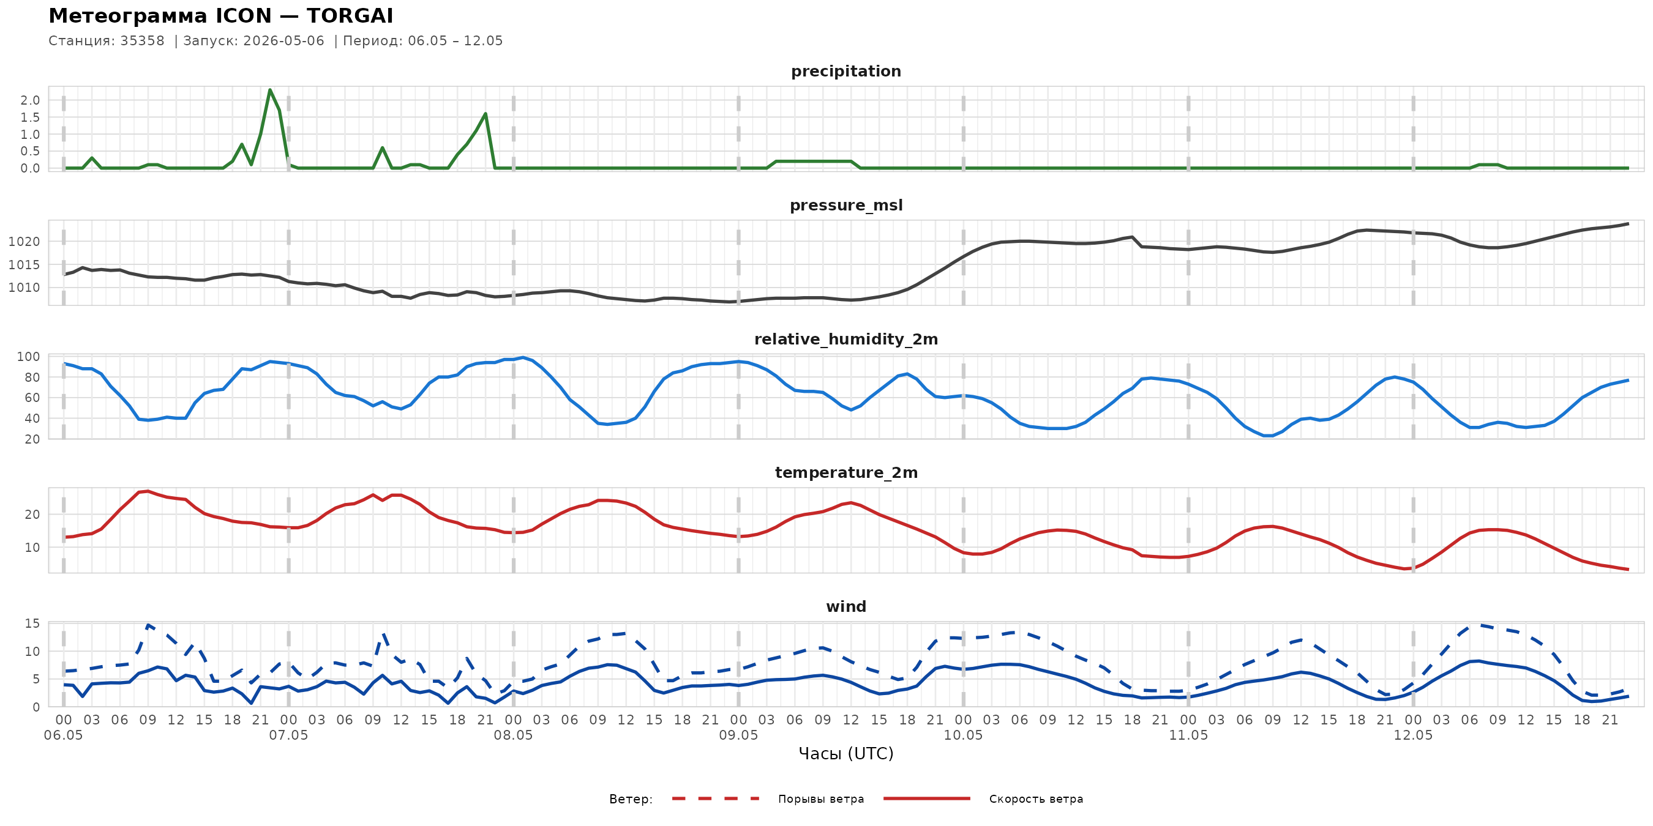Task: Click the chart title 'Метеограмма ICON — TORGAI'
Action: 221,15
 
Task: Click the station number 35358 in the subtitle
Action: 143,40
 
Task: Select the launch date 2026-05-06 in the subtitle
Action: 283,40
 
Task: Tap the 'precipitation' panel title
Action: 845,71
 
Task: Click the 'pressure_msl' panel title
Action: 845,205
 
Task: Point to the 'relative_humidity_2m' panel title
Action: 845,339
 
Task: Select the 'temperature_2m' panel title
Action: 846,472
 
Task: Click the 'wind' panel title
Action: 845,607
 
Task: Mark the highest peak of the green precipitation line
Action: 269,90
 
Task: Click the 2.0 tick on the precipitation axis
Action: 30,100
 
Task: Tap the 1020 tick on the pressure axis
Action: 24,242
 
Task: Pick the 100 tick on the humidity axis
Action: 28,357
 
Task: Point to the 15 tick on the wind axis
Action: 32,623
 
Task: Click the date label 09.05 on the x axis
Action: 738,735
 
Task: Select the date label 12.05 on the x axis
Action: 1413,735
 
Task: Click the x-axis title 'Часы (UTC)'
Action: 845,754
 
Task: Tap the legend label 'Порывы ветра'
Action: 821,799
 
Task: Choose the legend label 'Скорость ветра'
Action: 1036,799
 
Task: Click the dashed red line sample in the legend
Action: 716,798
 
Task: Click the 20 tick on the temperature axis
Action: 32,515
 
